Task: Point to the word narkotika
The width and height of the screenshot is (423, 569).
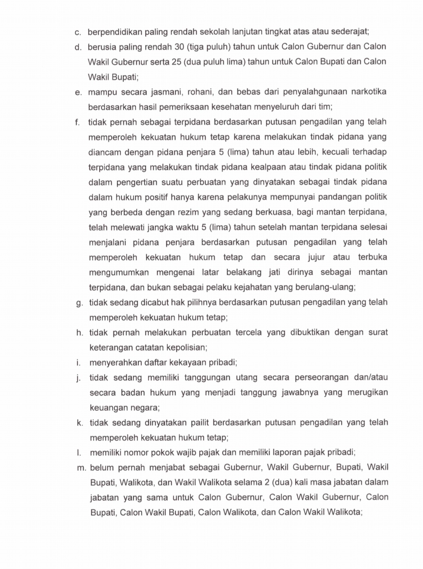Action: click(x=369, y=92)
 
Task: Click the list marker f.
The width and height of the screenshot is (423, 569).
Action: click(x=77, y=122)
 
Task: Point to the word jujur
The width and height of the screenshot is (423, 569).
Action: click(x=316, y=257)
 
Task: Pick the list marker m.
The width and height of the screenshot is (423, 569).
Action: click(x=81, y=468)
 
